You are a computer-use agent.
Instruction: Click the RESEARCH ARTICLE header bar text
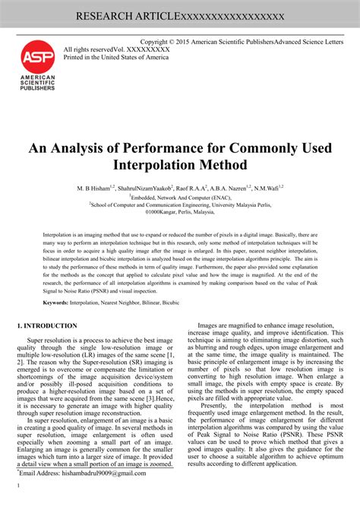click(x=180, y=16)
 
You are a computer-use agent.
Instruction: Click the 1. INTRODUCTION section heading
click(x=47, y=325)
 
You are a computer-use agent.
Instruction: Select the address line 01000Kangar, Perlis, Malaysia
click(x=180, y=213)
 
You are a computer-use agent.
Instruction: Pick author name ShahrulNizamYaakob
click(x=163, y=187)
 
